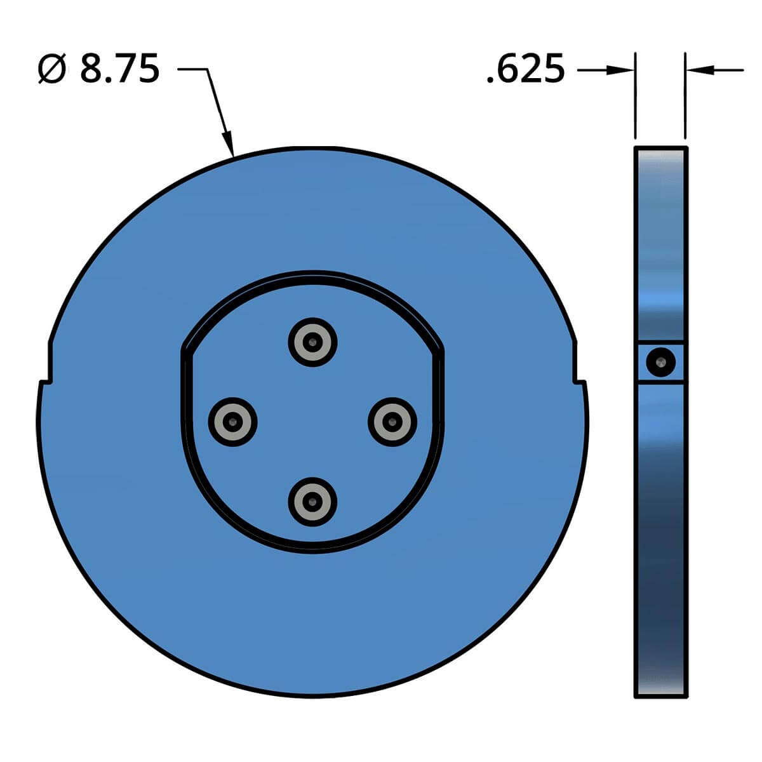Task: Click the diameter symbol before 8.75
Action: (52, 69)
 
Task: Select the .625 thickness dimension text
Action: (526, 70)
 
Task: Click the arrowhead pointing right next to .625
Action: (620, 70)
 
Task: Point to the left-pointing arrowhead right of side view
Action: (700, 70)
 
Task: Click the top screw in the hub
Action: (312, 342)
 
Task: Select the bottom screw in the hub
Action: (312, 502)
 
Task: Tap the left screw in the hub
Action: (232, 422)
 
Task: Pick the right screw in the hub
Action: (392, 422)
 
